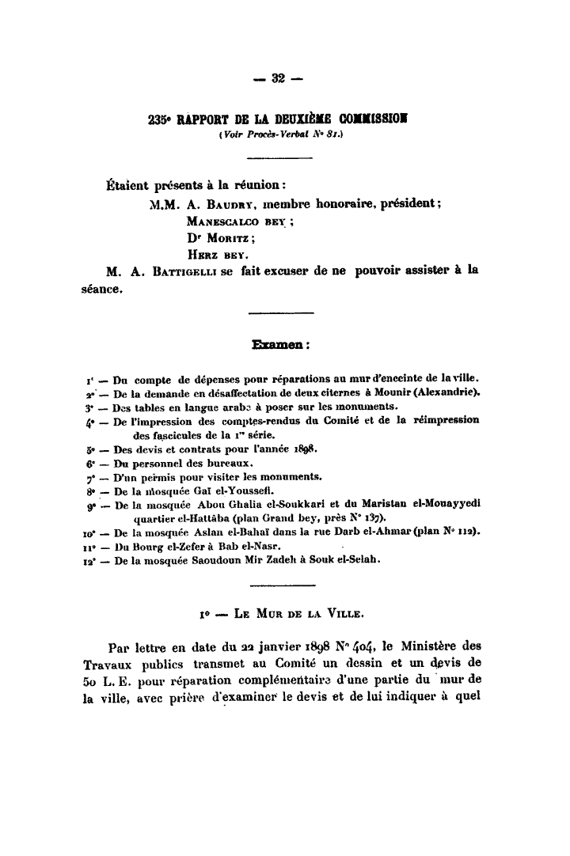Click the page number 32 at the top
tap(278, 78)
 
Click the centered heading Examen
tap(279, 345)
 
